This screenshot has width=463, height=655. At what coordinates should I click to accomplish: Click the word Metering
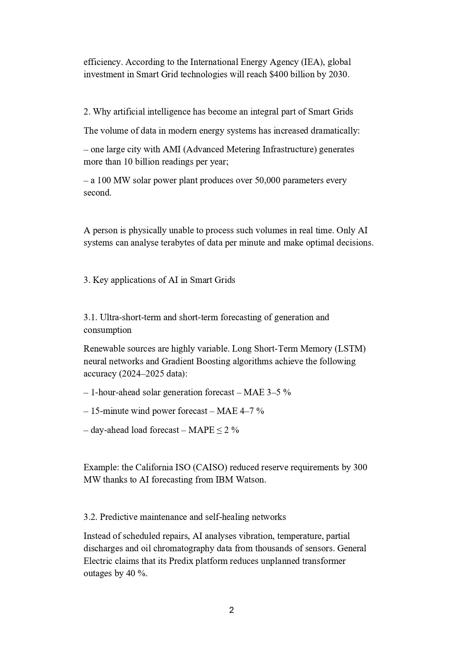[242, 149]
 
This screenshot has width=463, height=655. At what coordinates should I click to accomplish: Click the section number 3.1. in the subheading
[90, 317]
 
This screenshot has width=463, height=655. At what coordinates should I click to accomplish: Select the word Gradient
[178, 361]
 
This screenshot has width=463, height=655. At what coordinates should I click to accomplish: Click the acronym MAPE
[201, 430]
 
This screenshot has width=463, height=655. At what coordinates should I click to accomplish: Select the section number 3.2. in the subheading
[90, 517]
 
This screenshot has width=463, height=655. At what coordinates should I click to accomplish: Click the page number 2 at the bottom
[231, 611]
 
